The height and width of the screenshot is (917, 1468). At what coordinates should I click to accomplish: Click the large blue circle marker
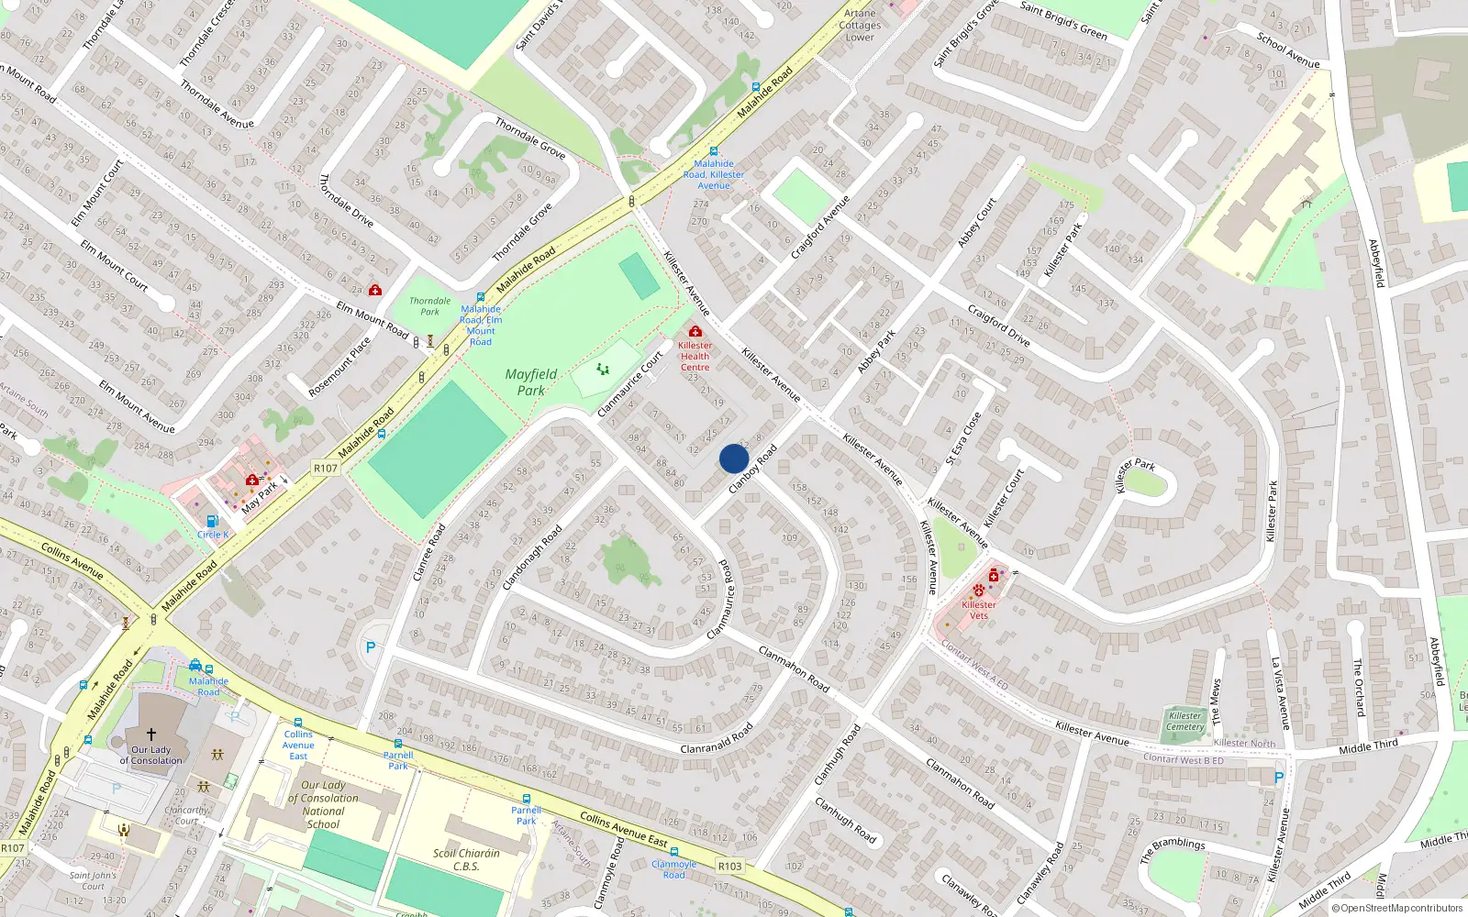coord(734,458)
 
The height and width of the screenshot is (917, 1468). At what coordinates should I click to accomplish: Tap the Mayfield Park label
coord(531,382)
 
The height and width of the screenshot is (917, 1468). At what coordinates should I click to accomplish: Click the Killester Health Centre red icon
coord(695,331)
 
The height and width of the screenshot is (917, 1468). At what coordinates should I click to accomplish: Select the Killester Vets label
coord(979,610)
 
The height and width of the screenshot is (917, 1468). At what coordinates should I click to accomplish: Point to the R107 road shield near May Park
coord(326,468)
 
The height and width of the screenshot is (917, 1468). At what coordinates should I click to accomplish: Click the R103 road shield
coord(730,866)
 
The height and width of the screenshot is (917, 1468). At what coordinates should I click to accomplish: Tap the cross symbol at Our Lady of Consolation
coord(151,734)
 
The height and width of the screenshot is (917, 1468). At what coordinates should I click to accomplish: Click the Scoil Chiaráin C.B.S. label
coord(467,859)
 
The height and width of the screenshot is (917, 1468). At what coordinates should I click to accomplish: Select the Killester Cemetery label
coord(1185,722)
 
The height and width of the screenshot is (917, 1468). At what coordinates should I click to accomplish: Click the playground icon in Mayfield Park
coord(603,369)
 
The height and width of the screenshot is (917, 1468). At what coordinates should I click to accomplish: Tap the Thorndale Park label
coord(429,306)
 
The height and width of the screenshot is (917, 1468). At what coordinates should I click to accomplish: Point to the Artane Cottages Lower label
coord(860,25)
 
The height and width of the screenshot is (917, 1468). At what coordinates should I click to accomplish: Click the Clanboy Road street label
coord(752,470)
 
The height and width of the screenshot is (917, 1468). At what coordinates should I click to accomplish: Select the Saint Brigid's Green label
coord(1063,20)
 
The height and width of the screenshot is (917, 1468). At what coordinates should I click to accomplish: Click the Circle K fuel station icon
coord(212,521)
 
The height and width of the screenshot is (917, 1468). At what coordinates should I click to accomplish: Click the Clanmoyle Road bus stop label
coord(674,869)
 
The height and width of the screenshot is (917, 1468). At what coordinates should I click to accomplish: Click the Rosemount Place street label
coord(339,367)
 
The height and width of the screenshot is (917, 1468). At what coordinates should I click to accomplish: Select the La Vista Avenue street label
coord(1280,693)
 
